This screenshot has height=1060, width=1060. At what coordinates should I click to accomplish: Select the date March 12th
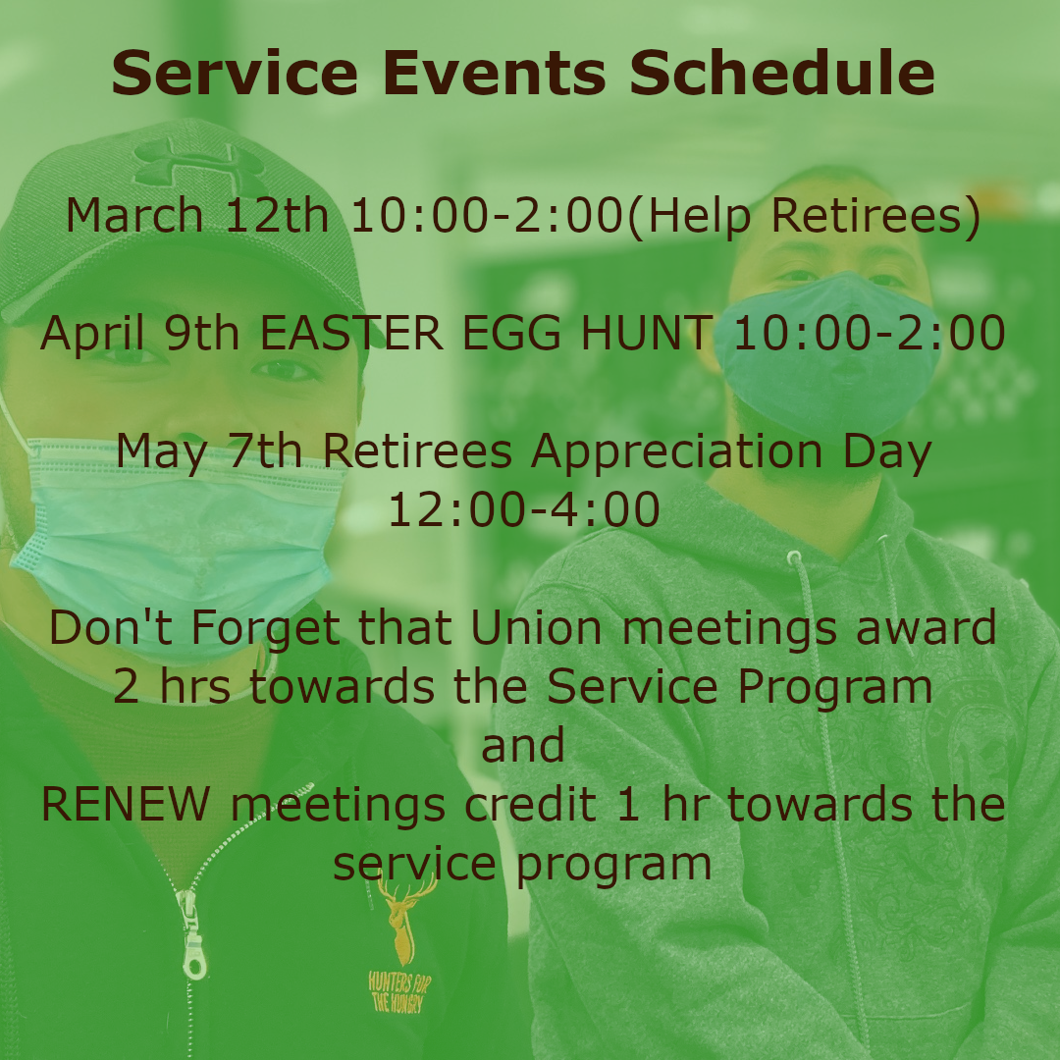tap(196, 216)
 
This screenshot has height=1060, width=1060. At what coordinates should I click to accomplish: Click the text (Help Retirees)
tap(805, 217)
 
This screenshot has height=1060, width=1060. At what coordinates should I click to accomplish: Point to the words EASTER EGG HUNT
tap(487, 333)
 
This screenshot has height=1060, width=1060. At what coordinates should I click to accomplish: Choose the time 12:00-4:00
tap(524, 509)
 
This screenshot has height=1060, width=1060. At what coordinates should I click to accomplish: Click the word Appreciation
tap(676, 452)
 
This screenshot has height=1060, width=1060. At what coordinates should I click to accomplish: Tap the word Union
tap(536, 627)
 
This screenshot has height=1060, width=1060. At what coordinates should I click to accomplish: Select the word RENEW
tap(126, 805)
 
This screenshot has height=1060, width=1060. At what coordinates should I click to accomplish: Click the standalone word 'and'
tap(522, 745)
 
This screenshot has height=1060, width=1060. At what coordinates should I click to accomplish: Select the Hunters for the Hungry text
tap(397, 991)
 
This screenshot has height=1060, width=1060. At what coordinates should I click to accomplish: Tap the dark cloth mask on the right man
tap(827, 351)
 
